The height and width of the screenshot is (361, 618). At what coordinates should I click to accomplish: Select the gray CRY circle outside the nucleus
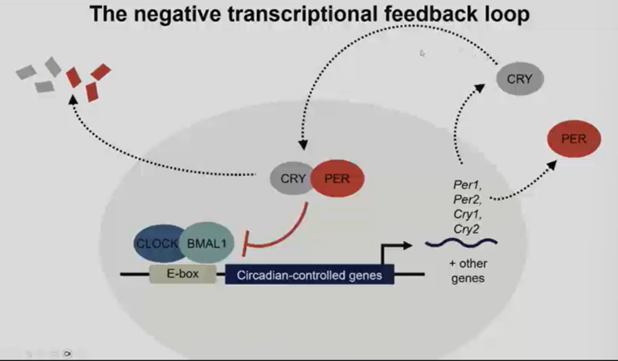pos(520,79)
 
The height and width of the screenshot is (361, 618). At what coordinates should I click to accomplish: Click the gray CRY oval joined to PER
pos(292,179)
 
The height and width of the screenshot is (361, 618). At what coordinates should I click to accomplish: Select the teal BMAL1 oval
pos(203,243)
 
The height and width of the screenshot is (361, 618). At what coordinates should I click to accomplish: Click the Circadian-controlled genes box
pos(309,274)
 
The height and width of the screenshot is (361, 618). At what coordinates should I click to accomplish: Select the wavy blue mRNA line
pos(461,243)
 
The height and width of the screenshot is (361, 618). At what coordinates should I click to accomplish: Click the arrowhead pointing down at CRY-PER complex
pos(303,145)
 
